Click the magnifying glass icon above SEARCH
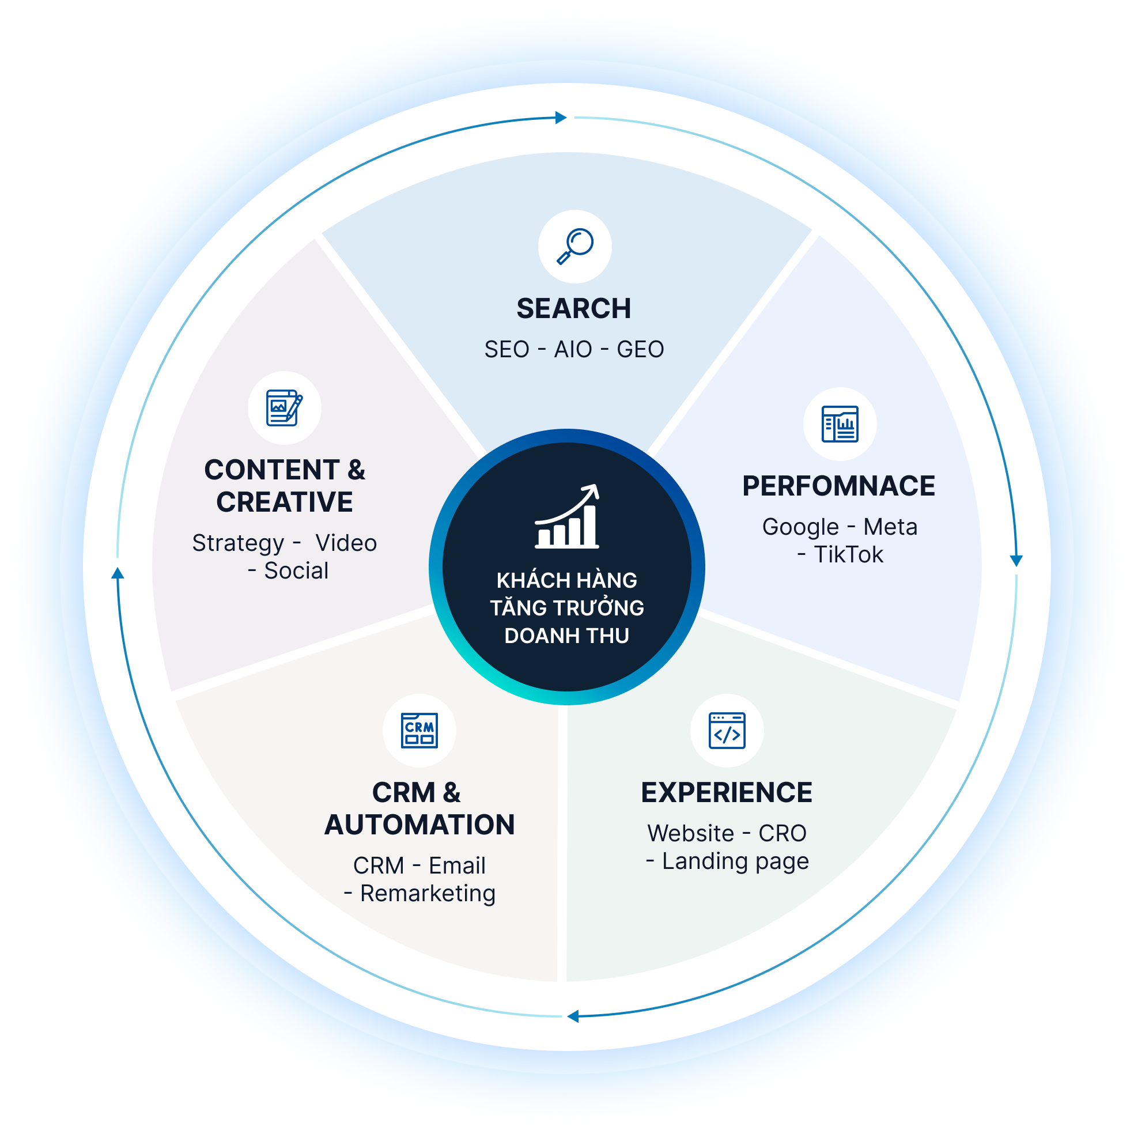click(575, 246)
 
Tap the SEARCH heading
click(574, 309)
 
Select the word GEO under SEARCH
click(640, 349)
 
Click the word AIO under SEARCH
click(573, 349)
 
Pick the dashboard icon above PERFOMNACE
click(840, 424)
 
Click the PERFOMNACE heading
click(839, 486)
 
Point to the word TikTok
click(849, 554)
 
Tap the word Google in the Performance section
click(800, 527)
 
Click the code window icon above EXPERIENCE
click(727, 731)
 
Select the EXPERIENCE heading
click(727, 792)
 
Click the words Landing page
click(735, 861)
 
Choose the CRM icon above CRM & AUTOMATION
click(419, 731)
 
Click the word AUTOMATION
click(419, 825)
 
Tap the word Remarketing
click(428, 893)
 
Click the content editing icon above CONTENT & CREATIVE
click(285, 408)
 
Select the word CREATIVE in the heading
click(285, 502)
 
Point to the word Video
click(346, 543)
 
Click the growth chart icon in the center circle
click(567, 516)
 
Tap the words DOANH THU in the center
click(567, 636)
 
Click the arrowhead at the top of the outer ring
click(561, 118)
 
